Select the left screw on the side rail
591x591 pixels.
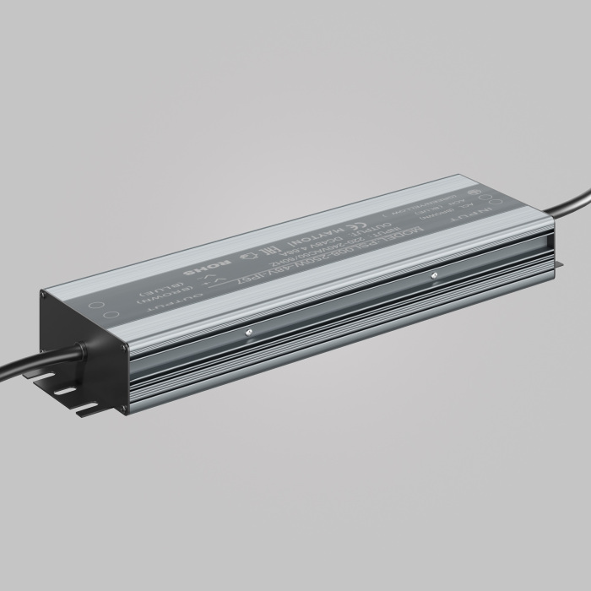point(247,331)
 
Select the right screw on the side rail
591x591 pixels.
point(433,274)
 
